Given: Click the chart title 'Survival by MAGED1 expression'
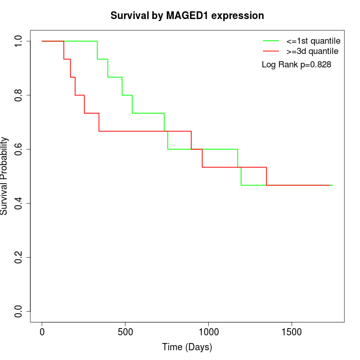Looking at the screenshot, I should [187, 16].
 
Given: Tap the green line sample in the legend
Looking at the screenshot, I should [271, 40].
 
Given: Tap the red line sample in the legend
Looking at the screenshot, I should [271, 51].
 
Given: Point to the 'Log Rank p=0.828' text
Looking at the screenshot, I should [296, 65].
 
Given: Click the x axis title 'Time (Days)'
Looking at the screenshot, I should [187, 347].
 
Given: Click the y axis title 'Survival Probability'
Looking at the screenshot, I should [5, 176].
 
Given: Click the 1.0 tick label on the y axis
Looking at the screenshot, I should [19, 41].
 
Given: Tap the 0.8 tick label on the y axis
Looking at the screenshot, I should [19, 95].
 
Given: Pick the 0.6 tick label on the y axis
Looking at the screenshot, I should [19, 149].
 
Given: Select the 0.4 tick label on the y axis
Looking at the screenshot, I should [19, 203].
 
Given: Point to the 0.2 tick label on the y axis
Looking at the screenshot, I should [19, 257].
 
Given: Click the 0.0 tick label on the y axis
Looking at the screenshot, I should [19, 311].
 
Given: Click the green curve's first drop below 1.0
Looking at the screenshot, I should [98, 50].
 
